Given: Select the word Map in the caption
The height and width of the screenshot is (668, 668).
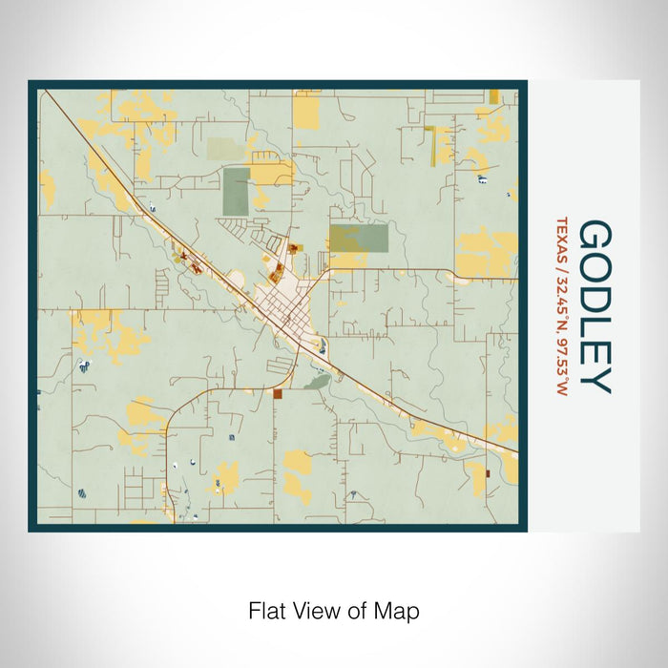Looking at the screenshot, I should coord(401,609).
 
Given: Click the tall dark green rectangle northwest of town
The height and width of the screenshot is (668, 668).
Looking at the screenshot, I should coord(237,191).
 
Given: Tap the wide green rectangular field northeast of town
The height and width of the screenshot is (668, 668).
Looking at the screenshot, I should coord(359,238).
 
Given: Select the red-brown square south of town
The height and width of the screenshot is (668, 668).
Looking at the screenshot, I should coord(278,393).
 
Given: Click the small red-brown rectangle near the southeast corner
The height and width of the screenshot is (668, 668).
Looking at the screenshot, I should coord(487,472).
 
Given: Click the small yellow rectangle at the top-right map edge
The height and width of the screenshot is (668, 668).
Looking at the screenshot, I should coord(493,96).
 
